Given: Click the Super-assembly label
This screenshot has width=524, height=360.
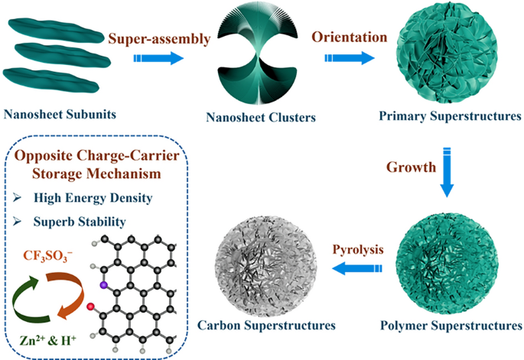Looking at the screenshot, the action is click(x=159, y=39).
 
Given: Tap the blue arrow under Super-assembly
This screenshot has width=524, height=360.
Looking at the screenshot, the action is click(x=158, y=58).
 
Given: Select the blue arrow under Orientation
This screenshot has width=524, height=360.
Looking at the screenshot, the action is click(x=350, y=58).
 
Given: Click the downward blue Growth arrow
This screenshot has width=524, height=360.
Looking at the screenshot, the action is click(x=447, y=172).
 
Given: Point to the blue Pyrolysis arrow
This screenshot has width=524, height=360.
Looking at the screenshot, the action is click(x=357, y=268).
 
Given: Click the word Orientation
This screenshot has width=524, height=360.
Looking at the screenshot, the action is click(x=350, y=37).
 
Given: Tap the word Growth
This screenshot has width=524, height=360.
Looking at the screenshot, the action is click(x=412, y=167).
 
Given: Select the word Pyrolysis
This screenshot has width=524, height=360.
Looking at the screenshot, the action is click(x=358, y=249).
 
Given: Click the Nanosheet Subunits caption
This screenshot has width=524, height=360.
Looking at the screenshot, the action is click(x=60, y=115).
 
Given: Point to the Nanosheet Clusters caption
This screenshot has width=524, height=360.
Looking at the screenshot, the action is click(x=261, y=117).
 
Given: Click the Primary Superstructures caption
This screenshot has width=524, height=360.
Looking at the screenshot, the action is click(x=450, y=116).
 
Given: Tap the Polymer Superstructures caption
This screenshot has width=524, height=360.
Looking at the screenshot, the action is click(x=451, y=325).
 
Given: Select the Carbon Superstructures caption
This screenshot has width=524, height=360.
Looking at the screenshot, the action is click(x=266, y=325).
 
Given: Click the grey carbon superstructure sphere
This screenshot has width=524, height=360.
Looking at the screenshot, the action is click(x=265, y=266).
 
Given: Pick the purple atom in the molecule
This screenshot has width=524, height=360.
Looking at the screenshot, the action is click(x=103, y=285).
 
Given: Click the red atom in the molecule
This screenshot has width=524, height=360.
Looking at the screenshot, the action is click(x=90, y=306).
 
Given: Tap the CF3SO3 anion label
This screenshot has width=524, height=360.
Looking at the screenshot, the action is click(x=47, y=256).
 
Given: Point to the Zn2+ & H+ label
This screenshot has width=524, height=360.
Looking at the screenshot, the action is click(x=48, y=341).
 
